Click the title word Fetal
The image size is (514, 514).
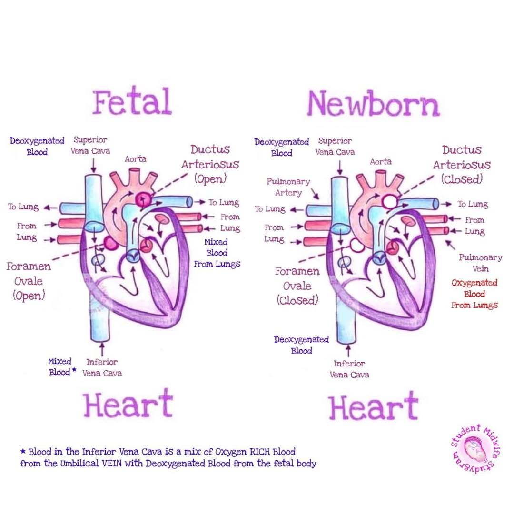132,102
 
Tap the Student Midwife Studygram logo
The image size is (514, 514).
474,450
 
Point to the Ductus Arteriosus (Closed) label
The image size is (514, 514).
461,164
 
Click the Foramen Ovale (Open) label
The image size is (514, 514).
29,281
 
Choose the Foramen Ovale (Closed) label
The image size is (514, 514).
297,286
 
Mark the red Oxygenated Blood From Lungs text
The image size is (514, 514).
474,294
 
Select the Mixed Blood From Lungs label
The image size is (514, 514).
217,253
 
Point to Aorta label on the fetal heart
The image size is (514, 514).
135,159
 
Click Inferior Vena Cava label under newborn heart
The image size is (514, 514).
349,369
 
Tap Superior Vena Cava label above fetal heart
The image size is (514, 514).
90,145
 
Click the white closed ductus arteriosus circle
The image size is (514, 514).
389,200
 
